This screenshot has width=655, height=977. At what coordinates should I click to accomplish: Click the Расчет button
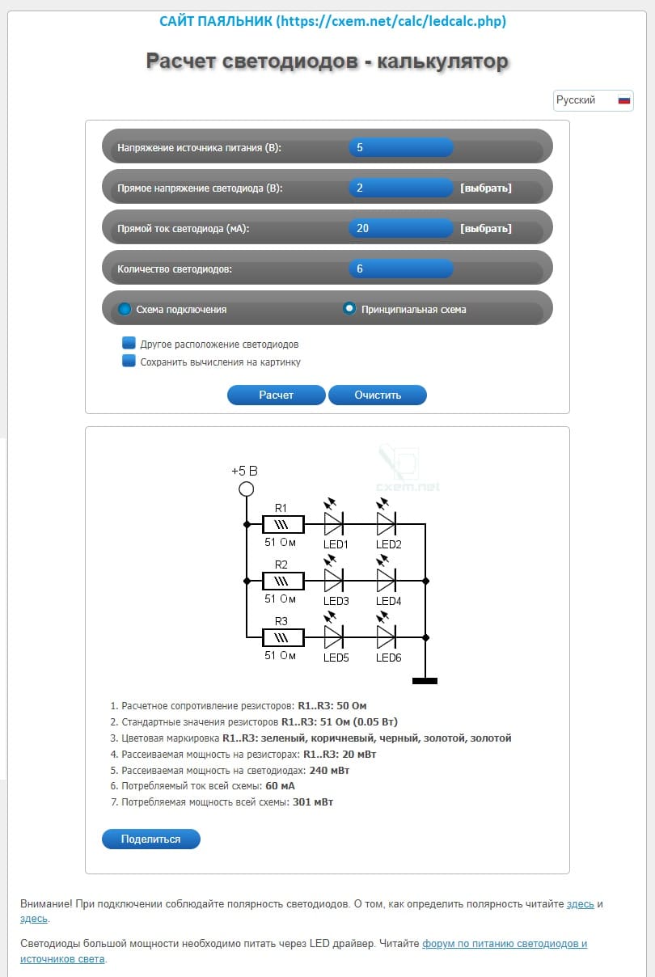click(276, 395)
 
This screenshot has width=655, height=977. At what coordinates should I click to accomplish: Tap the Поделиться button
click(150, 839)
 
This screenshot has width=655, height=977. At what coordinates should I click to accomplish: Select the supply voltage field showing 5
click(400, 148)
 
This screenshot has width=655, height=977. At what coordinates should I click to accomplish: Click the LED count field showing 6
click(400, 269)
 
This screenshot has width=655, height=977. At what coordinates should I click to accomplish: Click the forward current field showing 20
click(400, 228)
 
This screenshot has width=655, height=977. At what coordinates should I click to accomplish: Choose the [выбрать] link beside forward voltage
click(486, 188)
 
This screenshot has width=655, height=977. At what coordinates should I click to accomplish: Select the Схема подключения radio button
click(125, 309)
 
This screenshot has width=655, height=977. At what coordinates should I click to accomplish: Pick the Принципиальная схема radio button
click(349, 309)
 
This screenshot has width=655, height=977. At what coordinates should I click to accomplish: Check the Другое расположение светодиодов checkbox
click(129, 344)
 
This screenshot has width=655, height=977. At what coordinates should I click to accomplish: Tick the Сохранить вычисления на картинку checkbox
click(129, 362)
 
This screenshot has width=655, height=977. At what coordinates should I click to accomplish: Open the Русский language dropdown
click(593, 100)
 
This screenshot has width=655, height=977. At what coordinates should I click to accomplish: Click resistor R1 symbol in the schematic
click(283, 524)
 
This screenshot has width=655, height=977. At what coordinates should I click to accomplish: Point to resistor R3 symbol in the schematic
click(283, 637)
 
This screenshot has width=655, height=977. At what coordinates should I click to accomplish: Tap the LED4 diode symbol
click(386, 580)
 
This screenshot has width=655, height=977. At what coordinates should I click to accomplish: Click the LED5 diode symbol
click(333, 637)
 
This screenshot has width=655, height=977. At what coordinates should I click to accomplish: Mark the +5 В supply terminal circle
click(247, 488)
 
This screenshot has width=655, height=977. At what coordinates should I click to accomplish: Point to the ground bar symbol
click(425, 681)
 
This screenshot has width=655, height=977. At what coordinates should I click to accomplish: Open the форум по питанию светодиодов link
click(504, 944)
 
